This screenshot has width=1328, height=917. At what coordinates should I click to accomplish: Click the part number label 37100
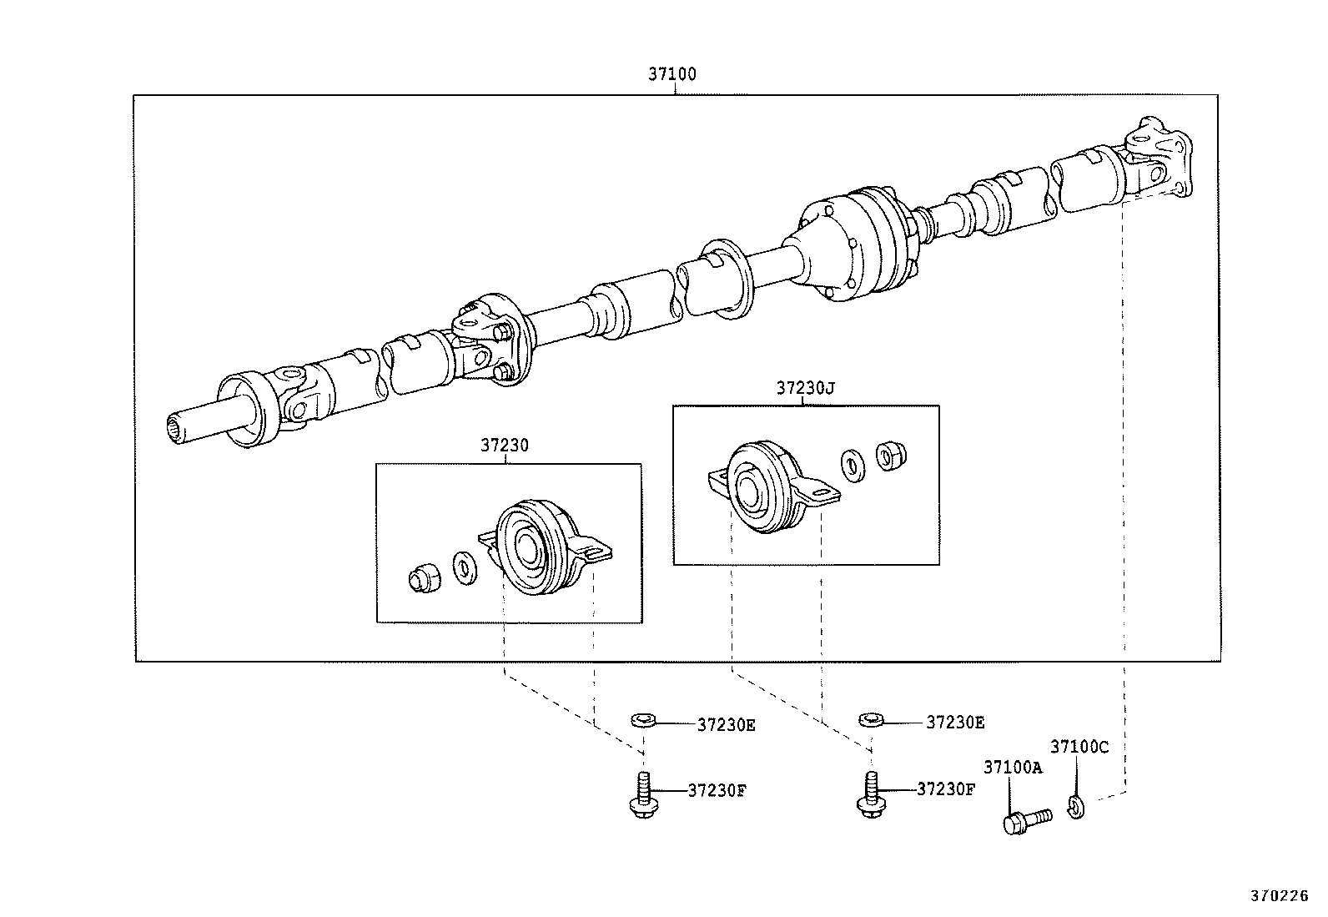click(672, 74)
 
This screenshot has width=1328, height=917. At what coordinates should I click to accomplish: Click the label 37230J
click(805, 388)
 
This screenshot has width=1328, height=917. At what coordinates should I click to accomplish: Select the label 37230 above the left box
click(504, 446)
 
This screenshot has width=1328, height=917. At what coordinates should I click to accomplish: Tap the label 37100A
click(1013, 767)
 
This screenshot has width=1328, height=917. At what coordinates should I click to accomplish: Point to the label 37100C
click(1079, 747)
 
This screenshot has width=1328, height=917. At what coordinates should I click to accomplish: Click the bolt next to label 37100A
click(1024, 819)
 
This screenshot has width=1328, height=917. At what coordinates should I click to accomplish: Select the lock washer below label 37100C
click(1075, 805)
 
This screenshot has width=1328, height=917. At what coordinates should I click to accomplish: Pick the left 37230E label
click(726, 725)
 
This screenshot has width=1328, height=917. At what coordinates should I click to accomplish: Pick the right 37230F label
click(945, 789)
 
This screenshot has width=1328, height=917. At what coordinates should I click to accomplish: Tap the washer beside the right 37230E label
click(871, 718)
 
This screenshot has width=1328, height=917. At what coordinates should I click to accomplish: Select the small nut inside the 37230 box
click(424, 577)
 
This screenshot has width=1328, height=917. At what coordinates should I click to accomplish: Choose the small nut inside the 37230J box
click(890, 455)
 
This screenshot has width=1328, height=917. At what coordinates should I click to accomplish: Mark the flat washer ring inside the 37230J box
click(852, 465)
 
